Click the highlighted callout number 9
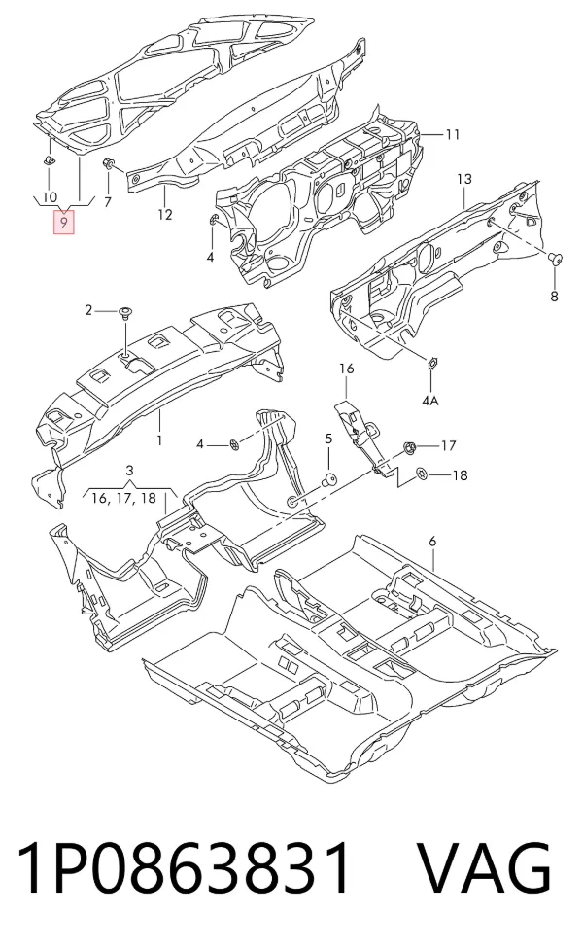pos(63,223)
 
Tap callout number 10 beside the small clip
pos(50,196)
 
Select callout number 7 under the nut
pos(108,202)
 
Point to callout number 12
pos(165,214)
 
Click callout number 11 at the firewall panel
pos(453,134)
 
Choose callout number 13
pos(464,179)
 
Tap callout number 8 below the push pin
pos(554,297)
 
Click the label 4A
pos(430,400)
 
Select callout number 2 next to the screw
pos(88,310)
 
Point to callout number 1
pos(159,440)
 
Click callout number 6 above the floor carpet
pos(432,542)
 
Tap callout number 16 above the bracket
pos(346,369)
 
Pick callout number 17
pos(448,445)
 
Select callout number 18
pos(460,475)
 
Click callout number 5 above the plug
pos(328,439)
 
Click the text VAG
pos(485,868)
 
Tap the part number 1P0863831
pos(183,868)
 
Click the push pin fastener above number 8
pos(554,260)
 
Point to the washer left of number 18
pos(422,474)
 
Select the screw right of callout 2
pos(126,312)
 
